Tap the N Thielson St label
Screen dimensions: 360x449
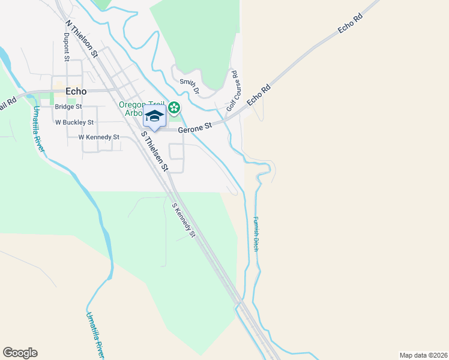pyautogui.click(x=81, y=39)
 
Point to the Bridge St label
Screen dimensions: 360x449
pyautogui.click(x=68, y=107)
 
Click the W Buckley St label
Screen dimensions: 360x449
pyautogui.click(x=74, y=122)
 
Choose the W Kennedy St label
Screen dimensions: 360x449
pyautogui.click(x=99, y=137)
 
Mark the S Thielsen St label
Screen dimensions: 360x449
pyautogui.click(x=153, y=150)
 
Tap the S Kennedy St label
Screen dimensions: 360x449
pyautogui.click(x=184, y=220)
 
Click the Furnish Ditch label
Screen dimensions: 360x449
pyautogui.click(x=255, y=233)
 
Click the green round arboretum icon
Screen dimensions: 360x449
pyautogui.click(x=173, y=108)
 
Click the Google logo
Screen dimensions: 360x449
pyautogui.click(x=20, y=353)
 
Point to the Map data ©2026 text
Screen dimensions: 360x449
pyautogui.click(x=423, y=355)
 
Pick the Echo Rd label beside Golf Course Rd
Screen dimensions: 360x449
pyautogui.click(x=259, y=95)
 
